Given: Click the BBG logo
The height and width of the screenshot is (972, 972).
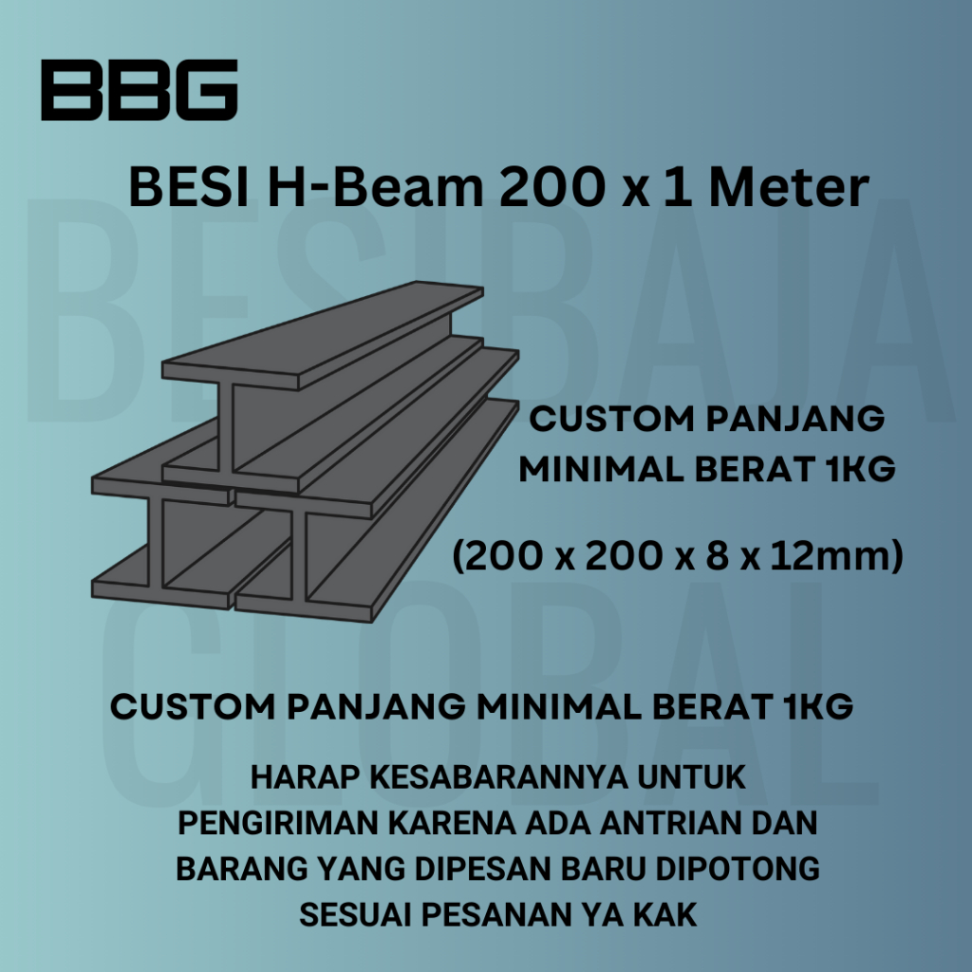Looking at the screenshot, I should [139, 90].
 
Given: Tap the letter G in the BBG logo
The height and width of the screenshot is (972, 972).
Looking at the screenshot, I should [205, 90].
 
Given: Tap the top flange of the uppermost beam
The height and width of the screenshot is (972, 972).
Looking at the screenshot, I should [323, 332].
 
